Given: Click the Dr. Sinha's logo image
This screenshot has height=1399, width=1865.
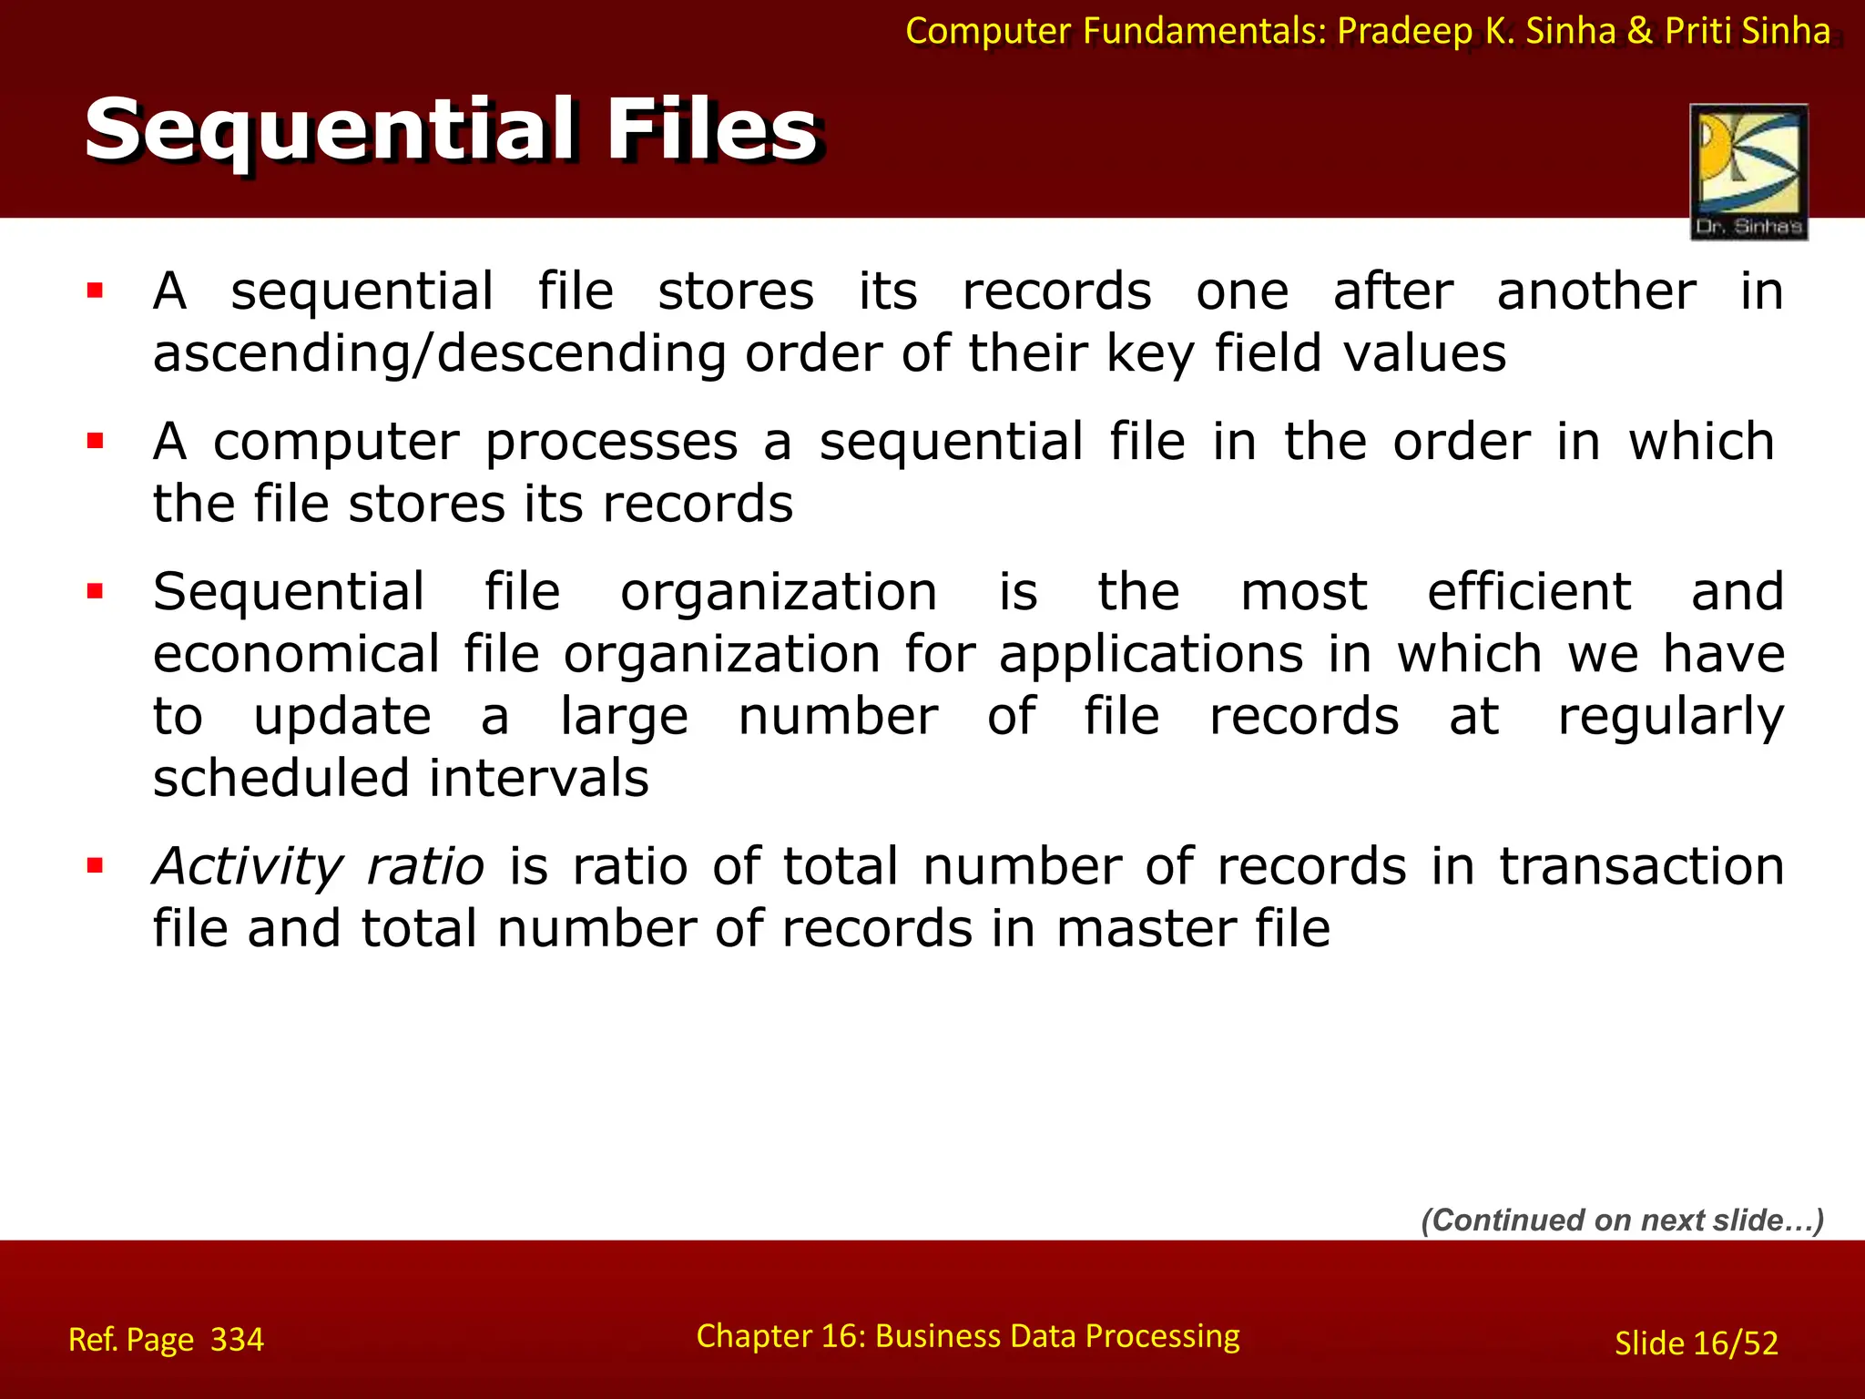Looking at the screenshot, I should point(1748,171).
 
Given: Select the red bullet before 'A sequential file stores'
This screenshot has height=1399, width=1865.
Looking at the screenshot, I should point(95,291).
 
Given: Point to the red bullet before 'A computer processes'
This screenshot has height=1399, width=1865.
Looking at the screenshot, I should point(95,442).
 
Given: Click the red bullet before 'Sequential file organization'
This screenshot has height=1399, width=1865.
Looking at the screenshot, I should point(95,592).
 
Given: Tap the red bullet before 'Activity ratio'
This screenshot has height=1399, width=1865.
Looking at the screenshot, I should point(95,865).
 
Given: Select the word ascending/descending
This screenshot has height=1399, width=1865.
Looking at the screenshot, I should point(439,353).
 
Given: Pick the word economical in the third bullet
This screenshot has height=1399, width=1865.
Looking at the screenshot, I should point(296,655).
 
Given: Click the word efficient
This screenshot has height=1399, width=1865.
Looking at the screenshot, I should point(1529,592).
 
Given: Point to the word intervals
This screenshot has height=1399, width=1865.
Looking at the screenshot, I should point(538,779).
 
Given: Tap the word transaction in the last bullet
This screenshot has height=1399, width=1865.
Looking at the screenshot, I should point(1642,866).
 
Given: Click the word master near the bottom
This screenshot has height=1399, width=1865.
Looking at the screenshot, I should point(1146,929).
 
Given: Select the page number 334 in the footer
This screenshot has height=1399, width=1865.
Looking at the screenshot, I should point(237,1340).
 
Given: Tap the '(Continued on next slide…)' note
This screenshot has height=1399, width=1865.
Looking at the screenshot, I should point(1623,1220).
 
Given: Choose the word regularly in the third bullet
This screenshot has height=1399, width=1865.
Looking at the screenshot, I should point(1670,717).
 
